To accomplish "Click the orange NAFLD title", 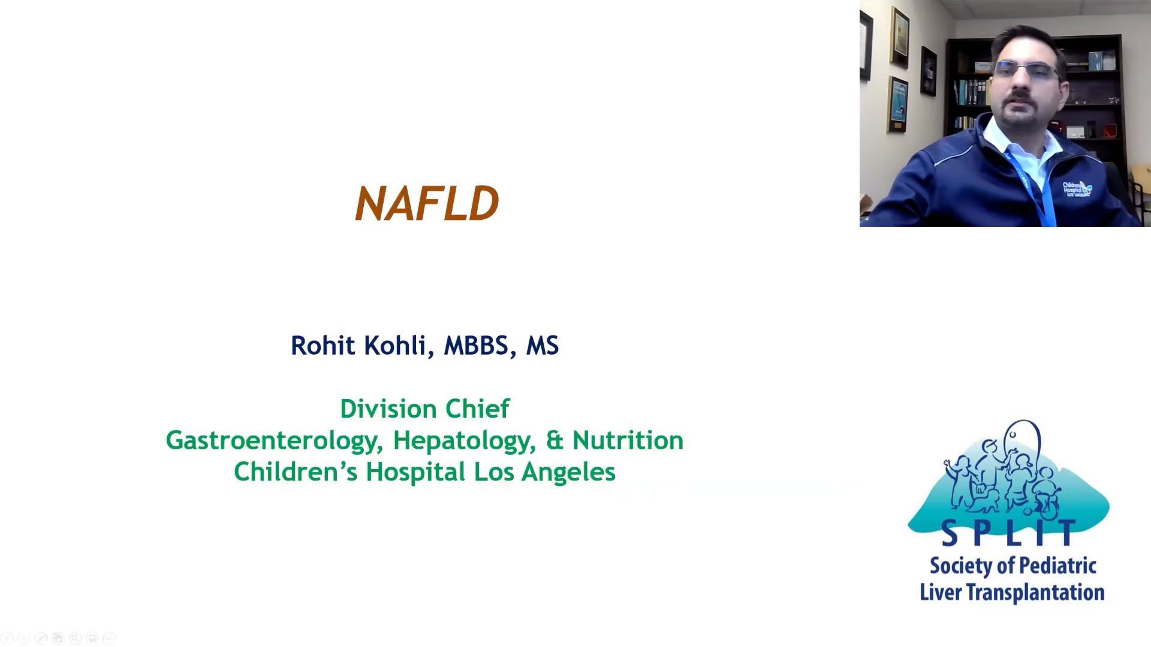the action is [427, 203].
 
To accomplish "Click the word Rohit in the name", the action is [322, 345].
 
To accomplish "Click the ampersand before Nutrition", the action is [555, 440].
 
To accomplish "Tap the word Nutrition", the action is [628, 440].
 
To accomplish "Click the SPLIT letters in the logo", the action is [1009, 533].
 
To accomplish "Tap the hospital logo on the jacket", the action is [1077, 189].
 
